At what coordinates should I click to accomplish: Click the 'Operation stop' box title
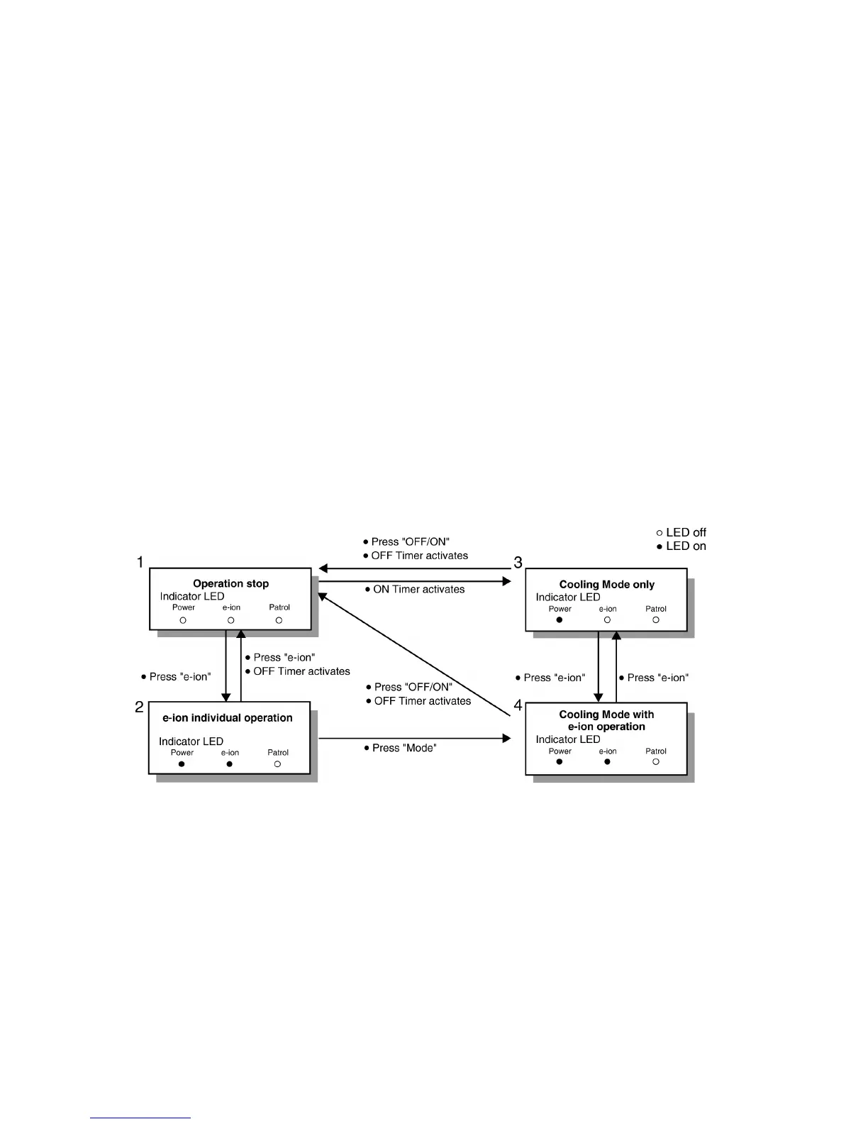(x=230, y=583)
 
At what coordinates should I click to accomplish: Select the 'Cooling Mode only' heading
(x=606, y=585)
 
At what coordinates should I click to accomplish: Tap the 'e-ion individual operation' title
(x=227, y=717)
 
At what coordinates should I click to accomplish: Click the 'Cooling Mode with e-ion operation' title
(x=606, y=720)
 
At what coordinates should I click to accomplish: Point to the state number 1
(x=140, y=563)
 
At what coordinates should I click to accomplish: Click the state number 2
(x=140, y=707)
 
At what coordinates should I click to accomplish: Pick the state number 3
(x=518, y=563)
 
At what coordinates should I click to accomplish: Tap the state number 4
(x=518, y=705)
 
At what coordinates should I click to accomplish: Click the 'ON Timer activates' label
(x=418, y=589)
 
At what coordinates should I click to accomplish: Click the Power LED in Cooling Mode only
(x=560, y=620)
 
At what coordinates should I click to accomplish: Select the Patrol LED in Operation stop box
(x=279, y=620)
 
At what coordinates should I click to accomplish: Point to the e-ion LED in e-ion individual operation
(x=230, y=764)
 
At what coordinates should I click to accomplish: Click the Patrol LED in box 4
(x=656, y=761)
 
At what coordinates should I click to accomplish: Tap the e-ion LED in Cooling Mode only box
(x=607, y=620)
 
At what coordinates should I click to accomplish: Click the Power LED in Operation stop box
(x=183, y=620)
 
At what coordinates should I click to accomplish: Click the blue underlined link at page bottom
(x=140, y=1118)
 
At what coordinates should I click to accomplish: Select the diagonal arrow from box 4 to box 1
(x=415, y=655)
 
